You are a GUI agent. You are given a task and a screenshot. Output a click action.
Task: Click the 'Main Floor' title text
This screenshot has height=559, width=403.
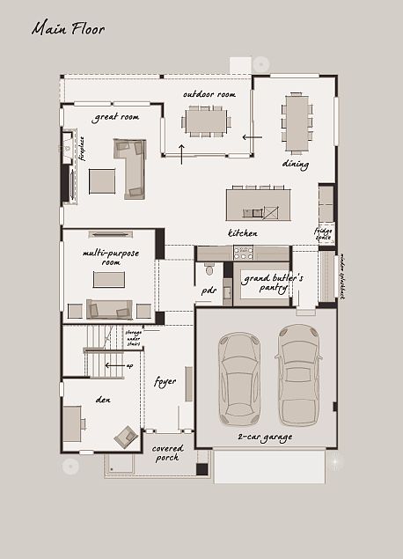[x=68, y=29]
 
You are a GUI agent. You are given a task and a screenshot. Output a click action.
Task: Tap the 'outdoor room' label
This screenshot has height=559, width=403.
[x=209, y=94]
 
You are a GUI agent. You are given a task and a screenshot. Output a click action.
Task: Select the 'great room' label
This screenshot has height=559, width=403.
[x=117, y=116]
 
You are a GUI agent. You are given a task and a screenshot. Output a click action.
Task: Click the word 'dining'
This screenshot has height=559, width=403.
[x=295, y=163]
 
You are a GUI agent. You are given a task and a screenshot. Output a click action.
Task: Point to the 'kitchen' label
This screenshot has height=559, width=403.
[x=243, y=233]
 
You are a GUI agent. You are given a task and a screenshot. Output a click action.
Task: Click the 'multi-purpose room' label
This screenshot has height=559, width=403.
[x=102, y=257]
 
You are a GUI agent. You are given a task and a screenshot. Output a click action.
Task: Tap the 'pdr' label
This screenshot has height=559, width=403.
[x=209, y=290]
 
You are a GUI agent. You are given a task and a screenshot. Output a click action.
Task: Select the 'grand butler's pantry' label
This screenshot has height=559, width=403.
[x=273, y=282]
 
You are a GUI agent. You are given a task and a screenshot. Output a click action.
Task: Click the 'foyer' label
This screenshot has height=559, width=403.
[x=165, y=382]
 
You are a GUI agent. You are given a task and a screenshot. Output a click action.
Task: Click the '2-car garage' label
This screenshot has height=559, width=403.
[x=265, y=437]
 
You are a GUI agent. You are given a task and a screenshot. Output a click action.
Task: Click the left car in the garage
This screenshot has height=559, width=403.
[x=238, y=378]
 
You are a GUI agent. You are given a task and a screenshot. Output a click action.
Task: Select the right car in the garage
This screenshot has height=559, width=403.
[x=298, y=374]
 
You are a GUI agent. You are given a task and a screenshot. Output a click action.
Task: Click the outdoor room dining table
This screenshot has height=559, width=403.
[x=206, y=121]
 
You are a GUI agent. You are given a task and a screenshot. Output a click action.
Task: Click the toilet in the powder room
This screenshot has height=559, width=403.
[x=209, y=269]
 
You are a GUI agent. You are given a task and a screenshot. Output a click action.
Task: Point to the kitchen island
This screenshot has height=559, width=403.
[x=257, y=204]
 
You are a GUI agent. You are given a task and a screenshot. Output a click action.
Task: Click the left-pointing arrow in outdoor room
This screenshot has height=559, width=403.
[x=252, y=137]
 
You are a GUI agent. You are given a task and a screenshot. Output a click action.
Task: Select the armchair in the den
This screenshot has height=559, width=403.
[x=126, y=436]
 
